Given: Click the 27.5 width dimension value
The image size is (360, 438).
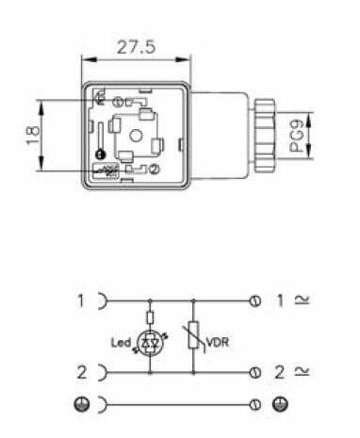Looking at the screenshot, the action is pyautogui.click(x=136, y=47).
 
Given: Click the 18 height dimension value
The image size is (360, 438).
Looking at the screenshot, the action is pyautogui.click(x=33, y=136).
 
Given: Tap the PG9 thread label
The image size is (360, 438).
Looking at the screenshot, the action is pyautogui.click(x=296, y=136).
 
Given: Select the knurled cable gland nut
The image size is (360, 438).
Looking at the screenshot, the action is pyautogui.click(x=264, y=136).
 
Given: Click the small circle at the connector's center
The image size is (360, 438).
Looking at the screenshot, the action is pyautogui.click(x=136, y=136).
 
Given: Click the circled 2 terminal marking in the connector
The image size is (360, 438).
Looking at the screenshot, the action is pyautogui.click(x=155, y=170).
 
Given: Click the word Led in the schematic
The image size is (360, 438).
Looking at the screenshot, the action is pyautogui.click(x=121, y=342).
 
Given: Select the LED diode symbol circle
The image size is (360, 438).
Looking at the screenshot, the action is pyautogui.click(x=150, y=344).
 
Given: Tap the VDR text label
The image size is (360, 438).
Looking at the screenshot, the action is pyautogui.click(x=218, y=342).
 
